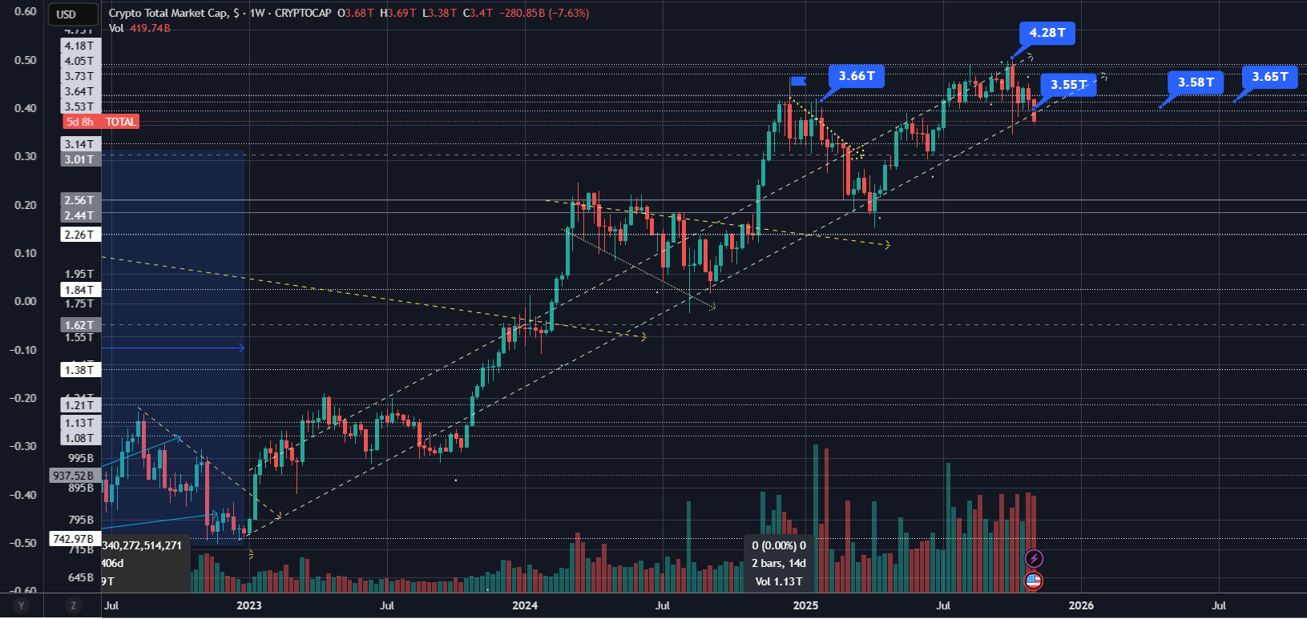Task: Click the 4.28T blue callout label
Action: click(1047, 33)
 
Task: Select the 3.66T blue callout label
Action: click(857, 76)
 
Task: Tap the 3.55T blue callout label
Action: click(1068, 85)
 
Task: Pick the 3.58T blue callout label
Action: click(1196, 82)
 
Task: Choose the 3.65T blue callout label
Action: click(1270, 77)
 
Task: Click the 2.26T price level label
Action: click(80, 235)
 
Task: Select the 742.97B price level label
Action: click(74, 539)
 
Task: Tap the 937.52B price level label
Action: click(74, 476)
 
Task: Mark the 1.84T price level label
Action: click(80, 290)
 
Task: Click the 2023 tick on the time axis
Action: click(248, 605)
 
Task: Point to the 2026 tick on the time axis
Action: click(1081, 605)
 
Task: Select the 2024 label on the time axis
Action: click(525, 605)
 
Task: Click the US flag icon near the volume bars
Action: click(1034, 581)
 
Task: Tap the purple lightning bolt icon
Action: click(1034, 558)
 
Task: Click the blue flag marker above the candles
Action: click(798, 81)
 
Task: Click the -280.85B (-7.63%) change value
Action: click(544, 14)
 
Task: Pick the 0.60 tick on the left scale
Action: click(26, 12)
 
